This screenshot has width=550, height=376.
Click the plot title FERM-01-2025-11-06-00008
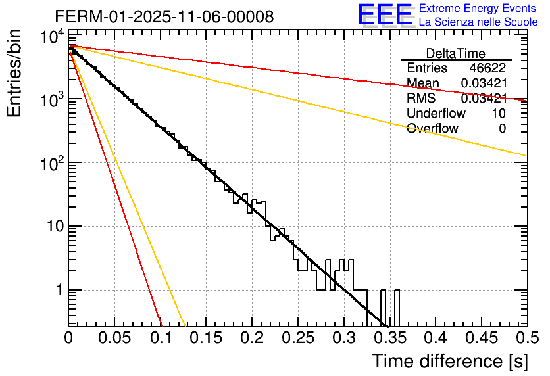164,16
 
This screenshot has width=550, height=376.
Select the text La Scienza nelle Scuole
478,22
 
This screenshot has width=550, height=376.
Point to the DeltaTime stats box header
456,53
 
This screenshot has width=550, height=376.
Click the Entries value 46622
488,68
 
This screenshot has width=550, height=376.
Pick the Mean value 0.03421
484,83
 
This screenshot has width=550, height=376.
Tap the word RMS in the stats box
421,99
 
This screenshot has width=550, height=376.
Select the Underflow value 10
499,114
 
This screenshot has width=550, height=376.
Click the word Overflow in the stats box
432,129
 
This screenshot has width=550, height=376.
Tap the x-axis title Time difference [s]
450,361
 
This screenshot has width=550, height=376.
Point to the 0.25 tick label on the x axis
297,338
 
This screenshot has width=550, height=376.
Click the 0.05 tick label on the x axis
114,338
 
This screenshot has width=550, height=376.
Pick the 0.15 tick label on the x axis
206,338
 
